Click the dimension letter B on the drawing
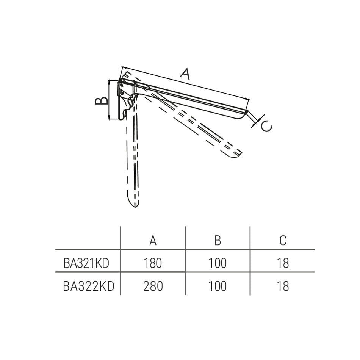point(102,101)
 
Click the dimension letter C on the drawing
point(266,126)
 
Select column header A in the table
point(153,241)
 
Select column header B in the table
point(218,241)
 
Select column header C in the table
point(283,241)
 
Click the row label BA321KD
point(86,263)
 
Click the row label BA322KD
point(88,286)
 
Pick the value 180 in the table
point(153,263)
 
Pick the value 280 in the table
point(153,286)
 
